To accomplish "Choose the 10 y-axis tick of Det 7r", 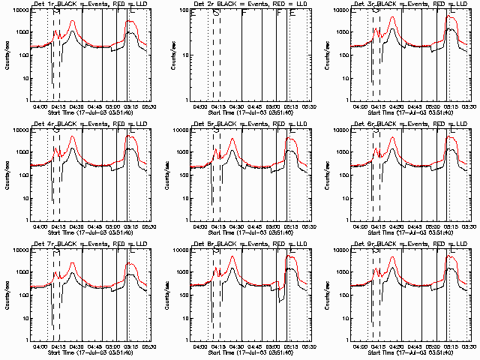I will pos(22,318).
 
